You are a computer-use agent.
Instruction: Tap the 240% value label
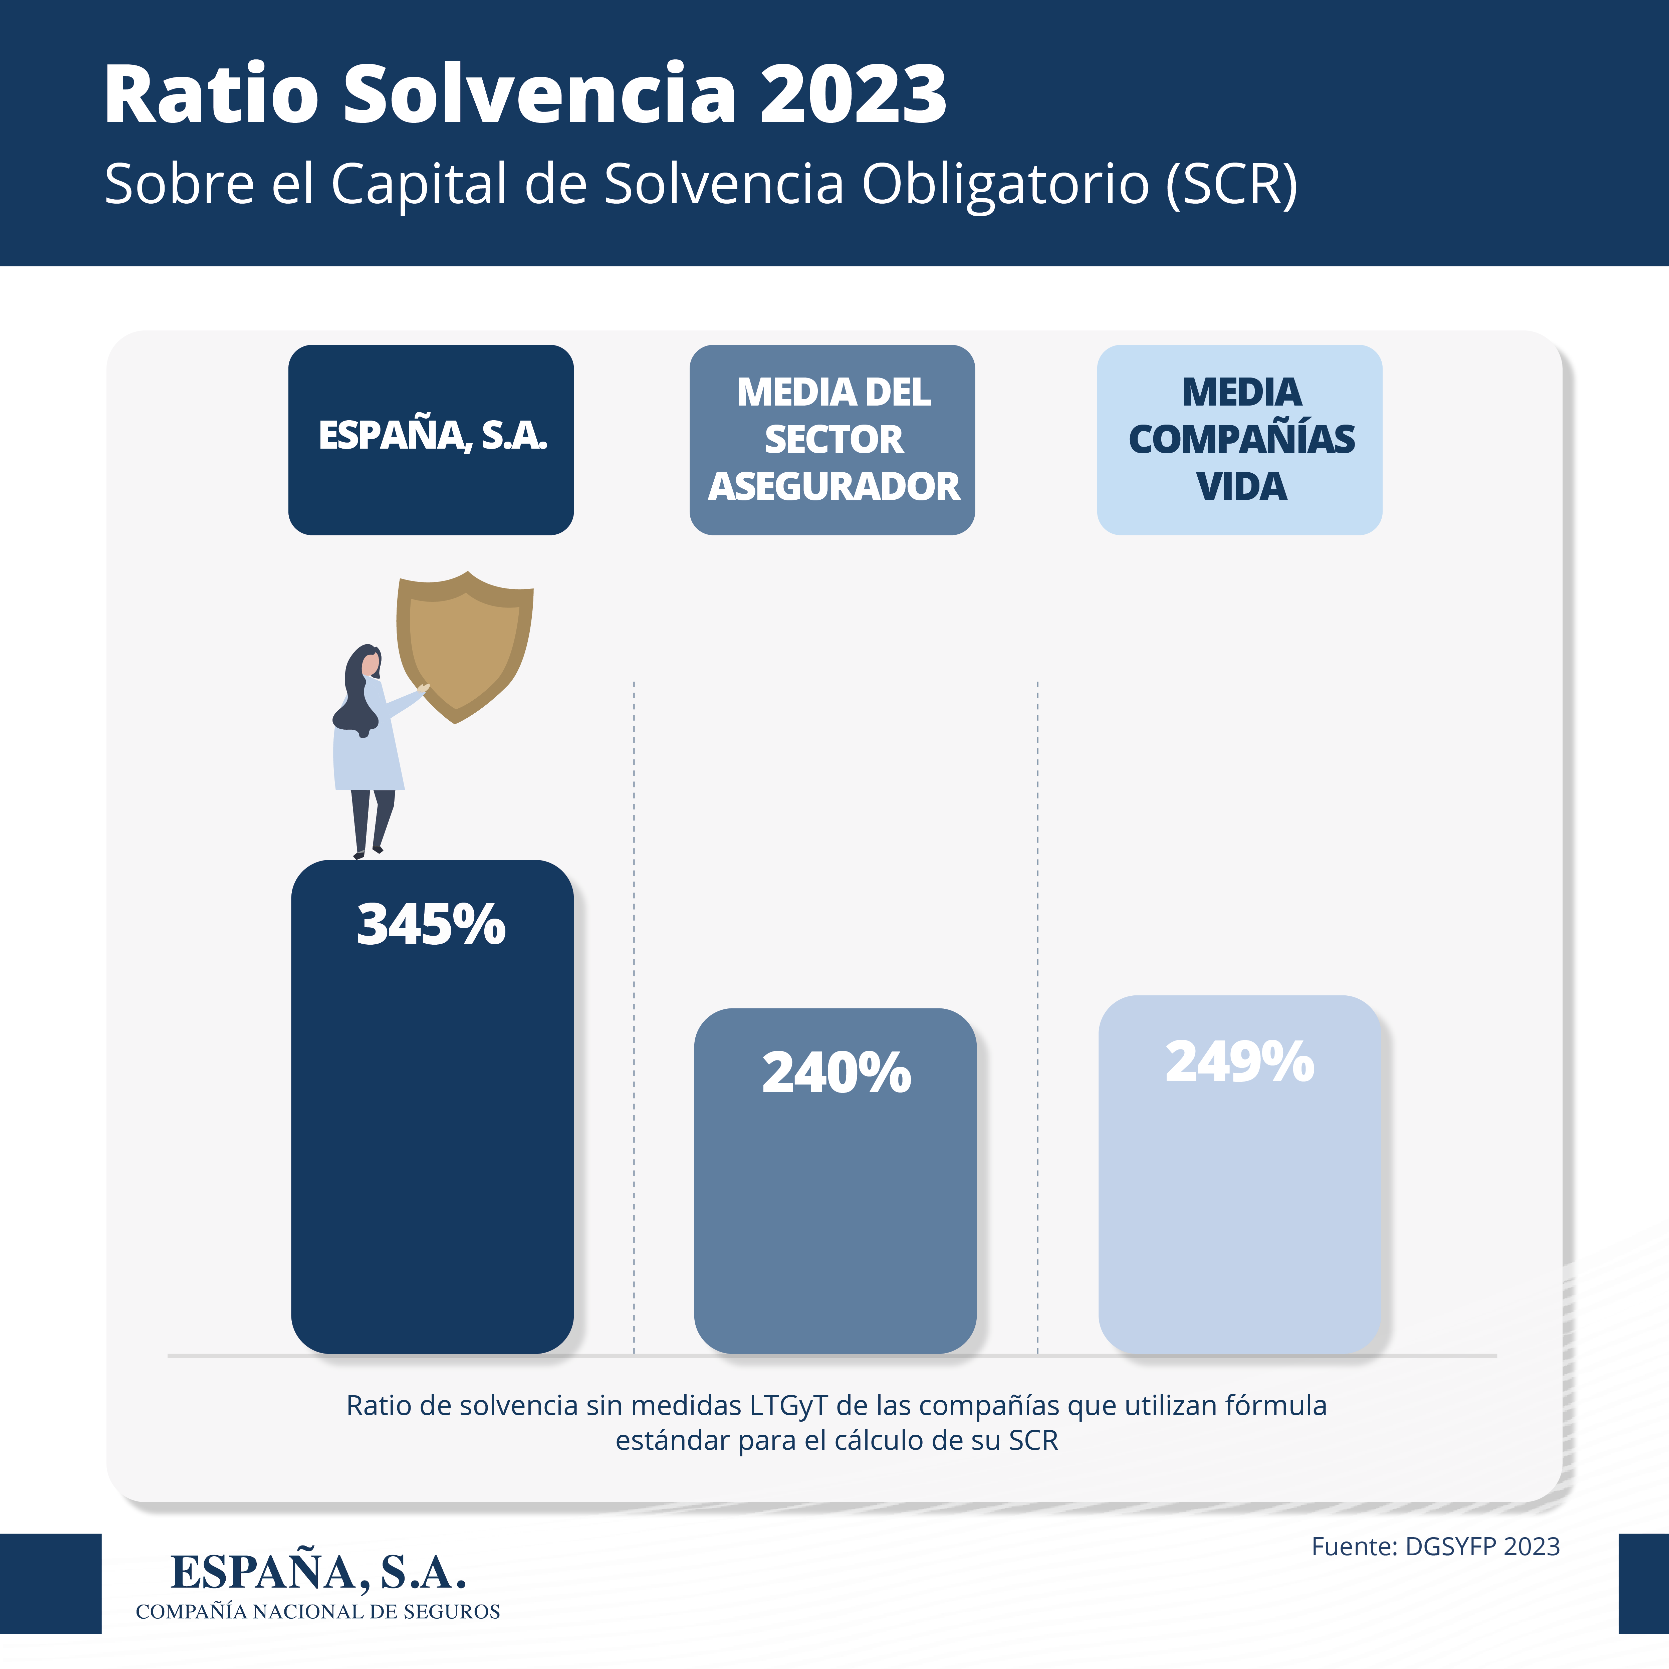pos(836,1073)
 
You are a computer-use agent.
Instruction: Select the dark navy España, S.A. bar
pos(432,1107)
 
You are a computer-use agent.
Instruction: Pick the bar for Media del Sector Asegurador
pos(836,1181)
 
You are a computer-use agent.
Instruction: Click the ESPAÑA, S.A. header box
pos(431,440)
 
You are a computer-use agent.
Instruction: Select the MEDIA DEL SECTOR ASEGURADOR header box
pos(832,440)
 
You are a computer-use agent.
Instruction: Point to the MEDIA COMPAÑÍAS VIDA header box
pos(1240,440)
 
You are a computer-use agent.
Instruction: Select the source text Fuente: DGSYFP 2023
pos(1436,1546)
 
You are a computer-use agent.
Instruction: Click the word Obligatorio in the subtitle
pos(1005,185)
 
